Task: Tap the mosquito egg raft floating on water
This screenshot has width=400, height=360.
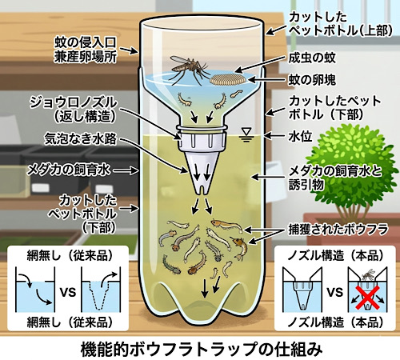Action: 227,79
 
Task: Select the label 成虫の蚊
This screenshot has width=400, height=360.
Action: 312,58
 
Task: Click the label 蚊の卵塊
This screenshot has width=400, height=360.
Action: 312,80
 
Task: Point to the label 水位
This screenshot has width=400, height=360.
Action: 300,137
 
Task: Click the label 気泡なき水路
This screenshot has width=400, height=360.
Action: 80,138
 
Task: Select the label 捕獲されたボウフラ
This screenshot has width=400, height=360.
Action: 338,230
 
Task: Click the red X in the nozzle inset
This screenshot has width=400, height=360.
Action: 367,298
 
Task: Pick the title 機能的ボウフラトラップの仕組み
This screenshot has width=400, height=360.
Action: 202,349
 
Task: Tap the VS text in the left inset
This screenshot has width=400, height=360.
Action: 68,292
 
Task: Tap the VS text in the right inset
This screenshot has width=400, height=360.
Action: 334,292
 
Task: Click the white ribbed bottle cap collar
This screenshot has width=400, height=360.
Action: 202,141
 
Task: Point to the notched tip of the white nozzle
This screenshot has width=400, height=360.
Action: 202,190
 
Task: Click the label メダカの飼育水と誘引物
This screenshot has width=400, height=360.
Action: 335,178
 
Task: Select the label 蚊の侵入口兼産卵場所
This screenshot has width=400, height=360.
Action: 85,50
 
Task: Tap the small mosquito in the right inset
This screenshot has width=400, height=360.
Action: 368,274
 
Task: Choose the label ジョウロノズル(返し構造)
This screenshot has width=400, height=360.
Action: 74,110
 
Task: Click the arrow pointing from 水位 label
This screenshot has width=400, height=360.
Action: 274,136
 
